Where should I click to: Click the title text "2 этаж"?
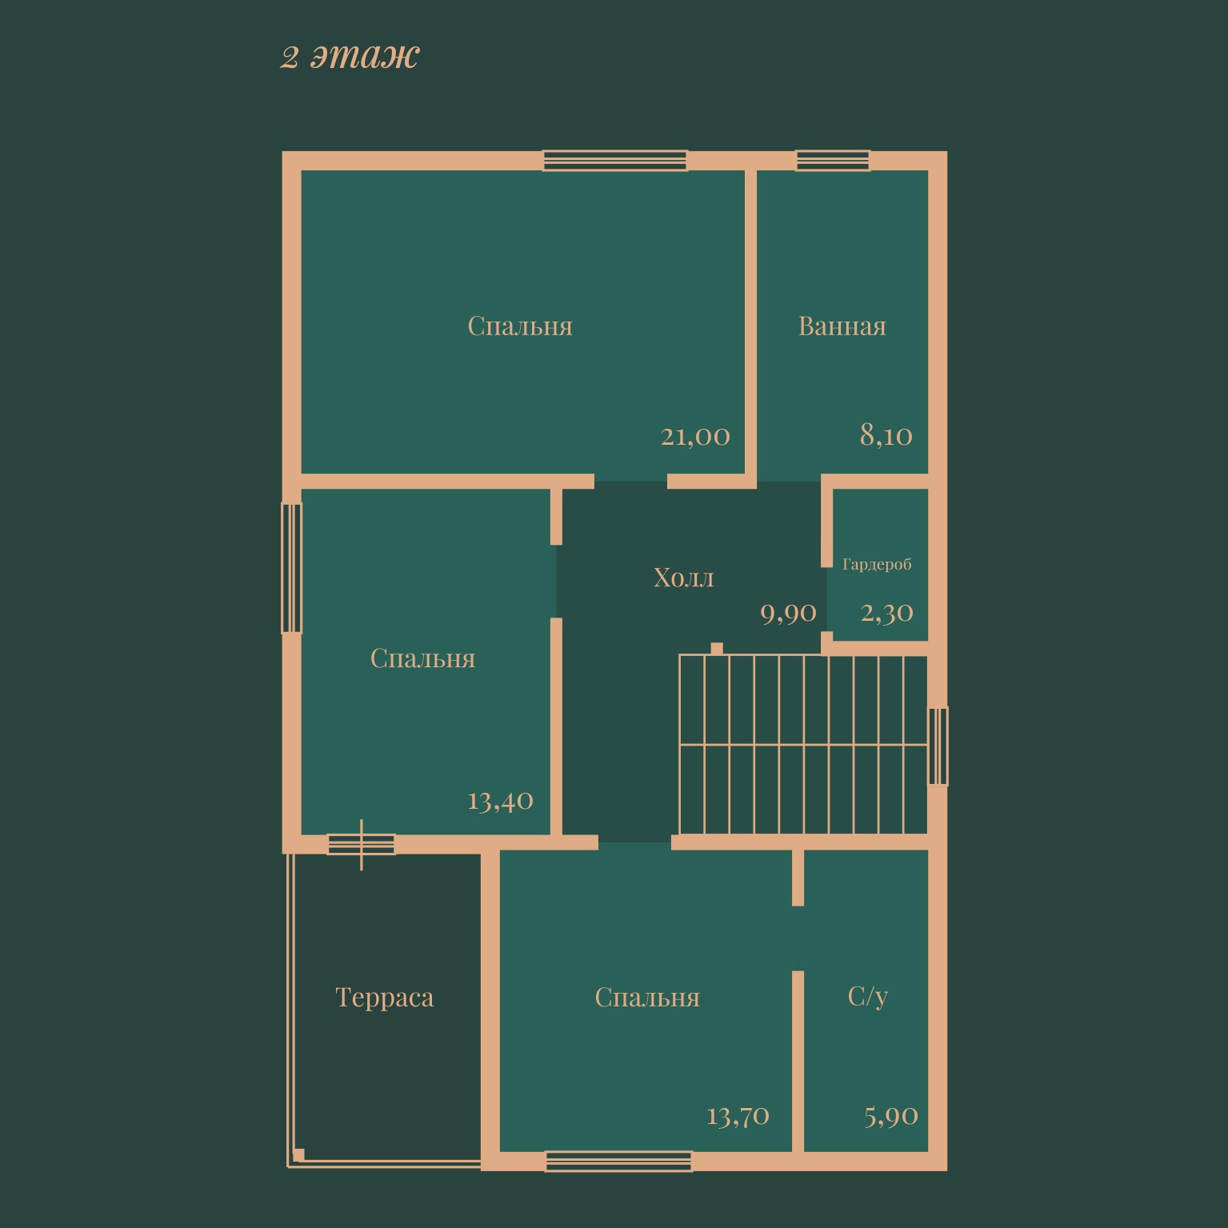(x=350, y=56)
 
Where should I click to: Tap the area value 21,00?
(x=695, y=436)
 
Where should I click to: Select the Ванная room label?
(x=842, y=326)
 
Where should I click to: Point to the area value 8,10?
(x=886, y=435)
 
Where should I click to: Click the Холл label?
(x=684, y=577)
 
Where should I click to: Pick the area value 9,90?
(x=788, y=614)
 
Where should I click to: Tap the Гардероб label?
(x=877, y=564)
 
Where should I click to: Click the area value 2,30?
(x=886, y=613)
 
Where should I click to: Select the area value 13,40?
(x=500, y=801)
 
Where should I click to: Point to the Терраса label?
(x=385, y=997)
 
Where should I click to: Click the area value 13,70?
(x=738, y=1116)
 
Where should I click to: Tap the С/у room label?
(x=868, y=996)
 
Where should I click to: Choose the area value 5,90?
(x=891, y=1116)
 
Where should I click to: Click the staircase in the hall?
(x=803, y=745)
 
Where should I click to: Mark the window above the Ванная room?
(x=833, y=160)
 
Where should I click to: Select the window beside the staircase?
(x=938, y=746)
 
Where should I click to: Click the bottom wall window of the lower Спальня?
(x=618, y=1161)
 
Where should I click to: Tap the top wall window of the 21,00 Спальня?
(x=614, y=160)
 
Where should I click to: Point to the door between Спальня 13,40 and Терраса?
(x=361, y=844)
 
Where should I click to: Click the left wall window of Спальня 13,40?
(x=292, y=568)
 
